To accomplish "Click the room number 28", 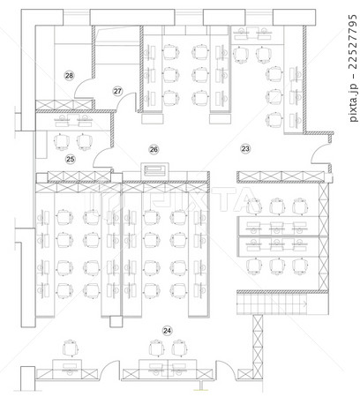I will click(70, 76).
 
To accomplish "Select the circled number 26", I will click(153, 150).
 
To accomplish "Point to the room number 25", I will click(70, 159).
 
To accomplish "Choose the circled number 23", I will click(245, 148).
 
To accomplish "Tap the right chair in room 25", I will click(86, 139).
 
